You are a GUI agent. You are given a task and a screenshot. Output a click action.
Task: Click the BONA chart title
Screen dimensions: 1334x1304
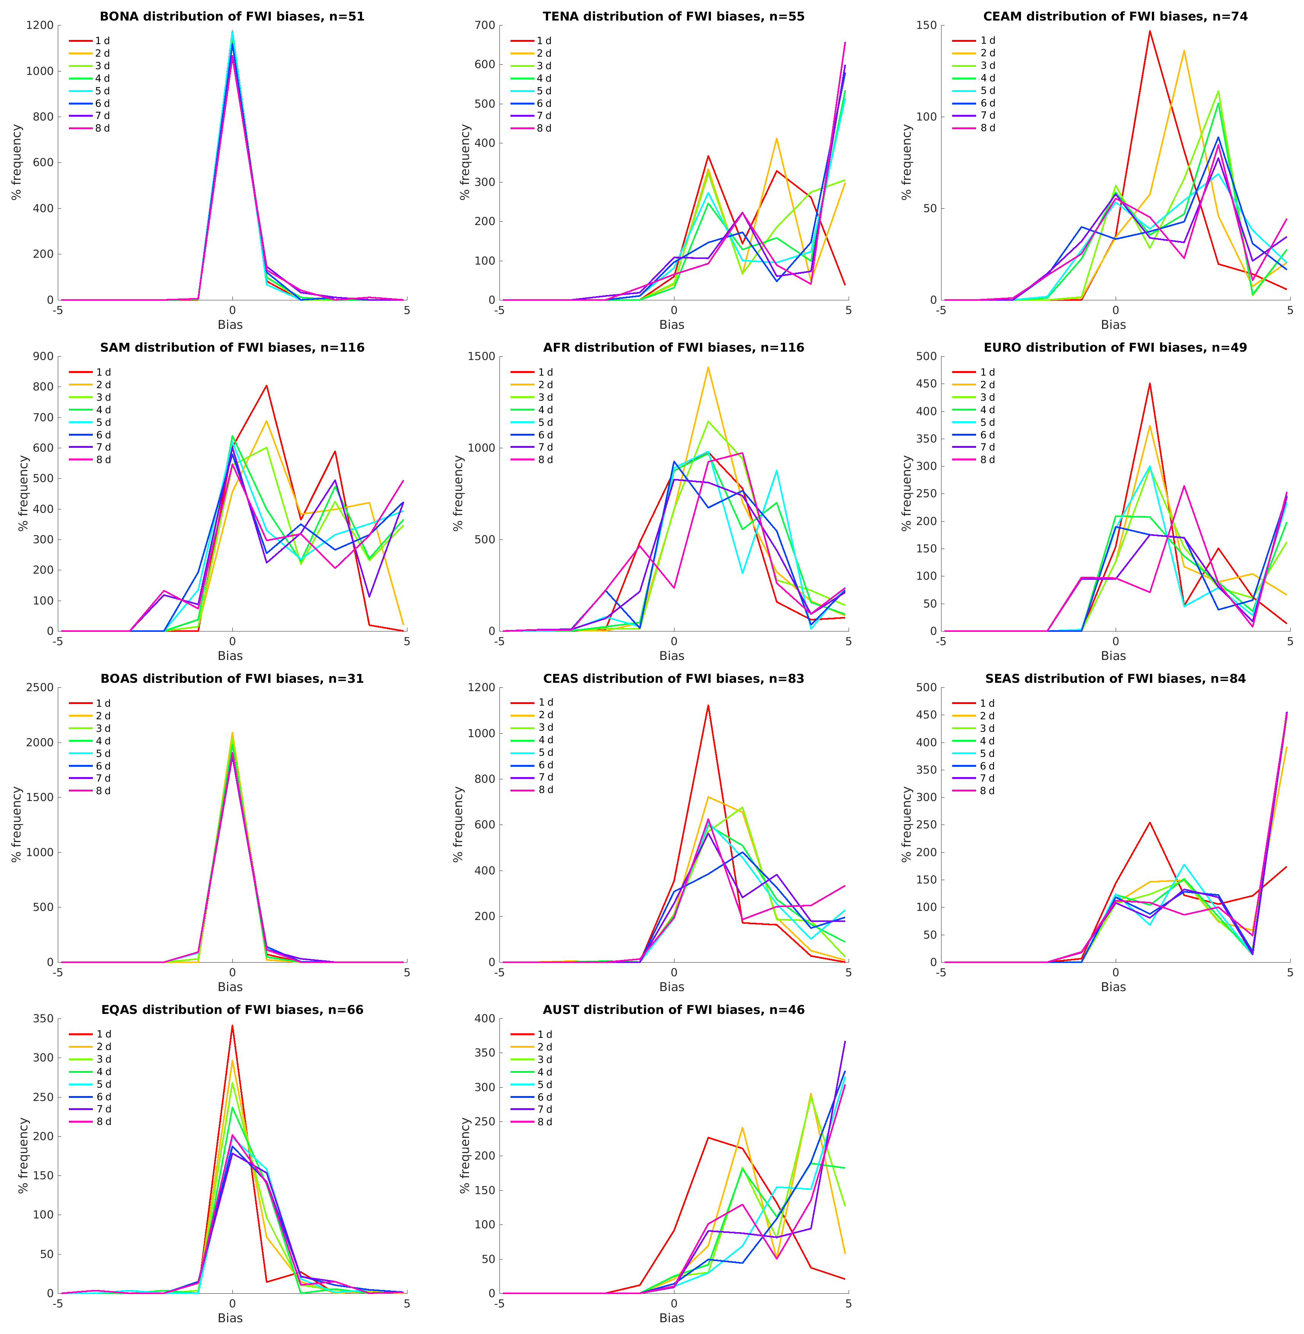pos(232,16)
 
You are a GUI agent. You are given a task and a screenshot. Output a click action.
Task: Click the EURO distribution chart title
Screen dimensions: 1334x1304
pos(1115,348)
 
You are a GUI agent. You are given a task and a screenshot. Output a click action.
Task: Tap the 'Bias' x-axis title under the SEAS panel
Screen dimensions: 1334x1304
pos(1113,987)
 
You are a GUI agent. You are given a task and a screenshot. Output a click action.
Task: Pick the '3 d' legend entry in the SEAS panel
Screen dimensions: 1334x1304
pos(986,728)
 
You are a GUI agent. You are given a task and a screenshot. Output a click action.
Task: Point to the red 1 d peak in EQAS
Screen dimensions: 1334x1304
pos(232,1025)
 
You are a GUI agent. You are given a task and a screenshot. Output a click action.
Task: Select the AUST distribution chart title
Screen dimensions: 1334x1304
pos(673,1010)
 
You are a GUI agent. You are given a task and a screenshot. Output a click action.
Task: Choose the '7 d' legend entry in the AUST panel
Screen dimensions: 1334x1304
pos(544,1109)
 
